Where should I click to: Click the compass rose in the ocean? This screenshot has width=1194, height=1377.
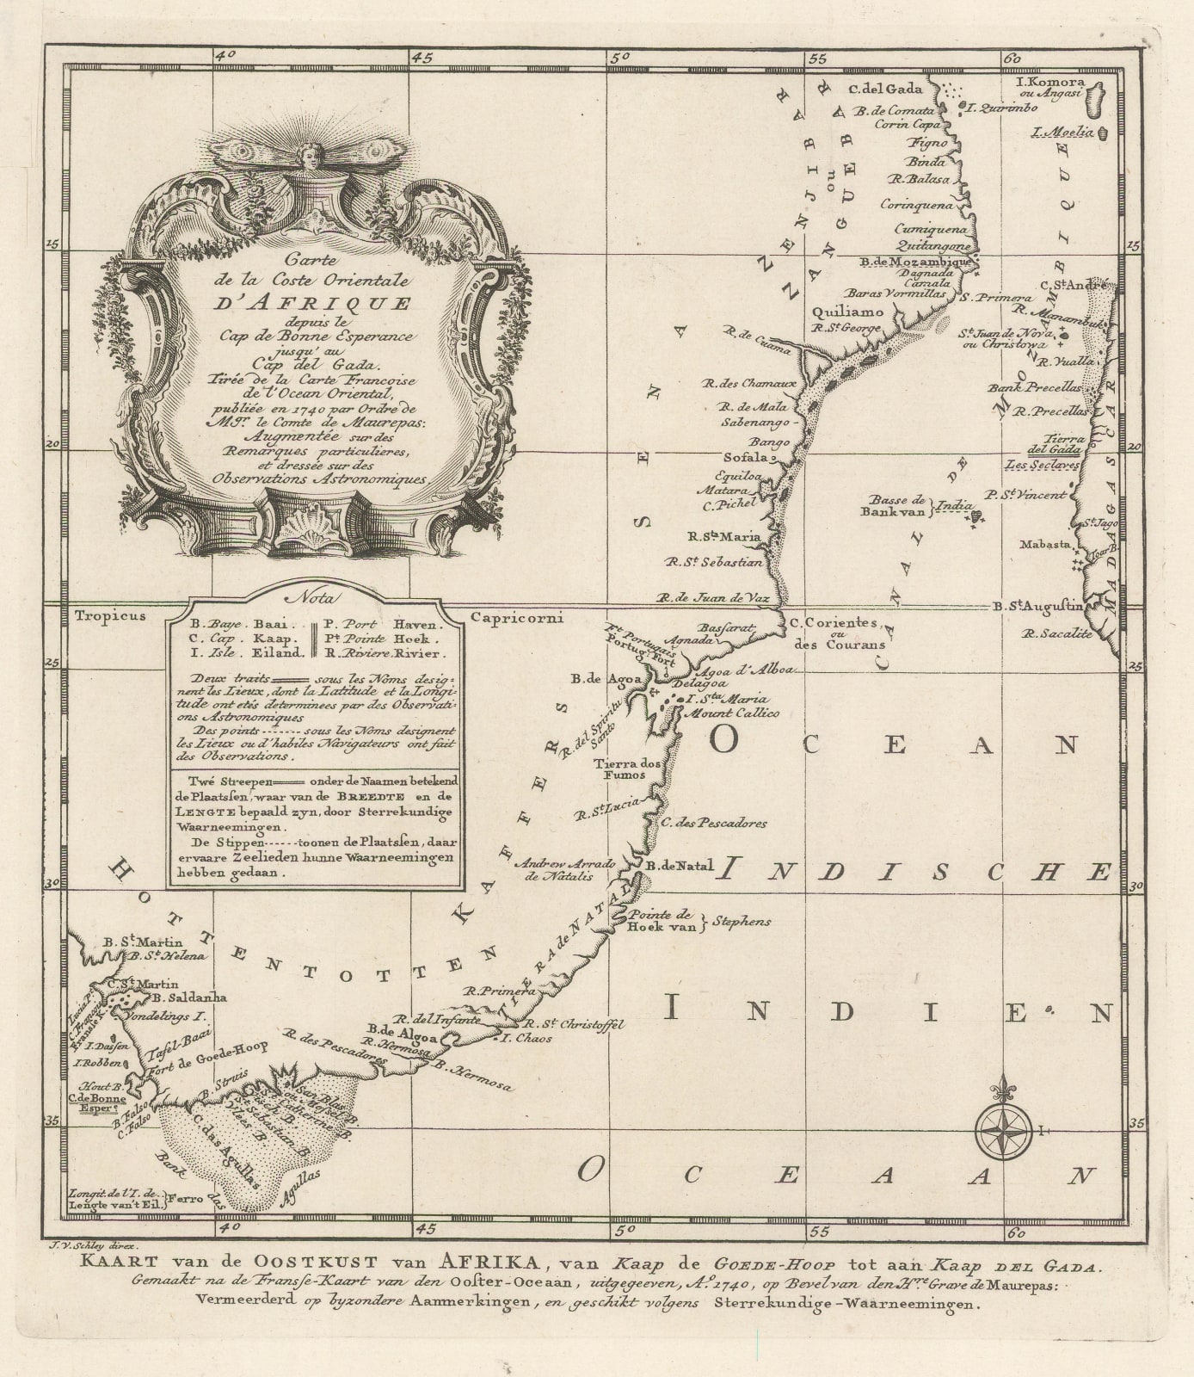[1004, 1129]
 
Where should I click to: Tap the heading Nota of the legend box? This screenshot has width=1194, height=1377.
[316, 596]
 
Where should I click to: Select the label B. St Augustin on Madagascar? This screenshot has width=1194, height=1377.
[1037, 606]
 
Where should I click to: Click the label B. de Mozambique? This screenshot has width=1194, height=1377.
[917, 262]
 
